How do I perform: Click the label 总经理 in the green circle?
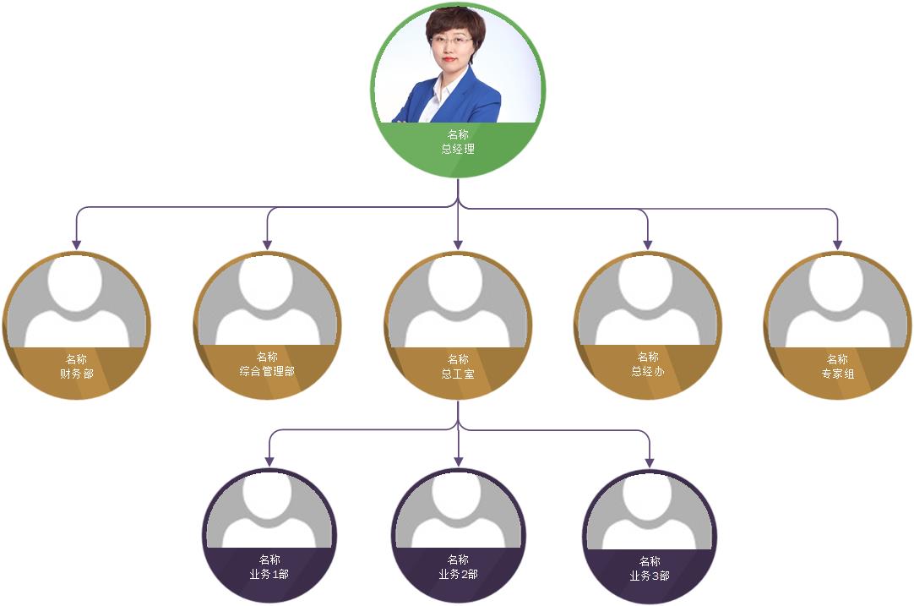click(x=458, y=150)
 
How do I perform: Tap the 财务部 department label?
click(x=77, y=374)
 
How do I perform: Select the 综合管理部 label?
click(x=267, y=371)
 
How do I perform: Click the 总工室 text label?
click(x=458, y=374)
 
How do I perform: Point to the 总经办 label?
click(x=648, y=371)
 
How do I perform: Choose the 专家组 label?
click(x=838, y=374)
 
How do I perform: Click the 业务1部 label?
click(x=269, y=574)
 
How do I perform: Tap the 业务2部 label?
click(x=458, y=574)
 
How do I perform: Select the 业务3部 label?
click(x=650, y=576)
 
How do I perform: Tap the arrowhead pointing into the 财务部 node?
click(x=77, y=244)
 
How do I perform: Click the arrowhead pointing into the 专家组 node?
click(x=838, y=244)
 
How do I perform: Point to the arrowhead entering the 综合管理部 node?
click(x=267, y=244)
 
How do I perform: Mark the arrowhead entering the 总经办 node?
click(x=648, y=244)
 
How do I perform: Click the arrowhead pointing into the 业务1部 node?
click(x=269, y=461)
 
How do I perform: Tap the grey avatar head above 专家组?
click(x=838, y=281)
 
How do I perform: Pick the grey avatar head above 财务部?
click(x=77, y=281)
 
